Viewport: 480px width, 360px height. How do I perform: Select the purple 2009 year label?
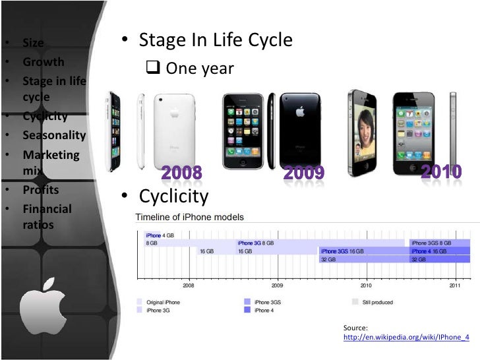pos(304,173)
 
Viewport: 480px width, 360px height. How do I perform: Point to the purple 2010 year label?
pos(442,171)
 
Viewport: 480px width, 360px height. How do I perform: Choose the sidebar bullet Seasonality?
pos(54,135)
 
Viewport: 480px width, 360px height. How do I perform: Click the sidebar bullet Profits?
pos(41,190)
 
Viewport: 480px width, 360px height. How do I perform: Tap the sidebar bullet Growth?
pos(44,62)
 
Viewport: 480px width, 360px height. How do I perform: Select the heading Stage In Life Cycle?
pos(215,40)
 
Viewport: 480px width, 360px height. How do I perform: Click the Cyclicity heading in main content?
pos(173,196)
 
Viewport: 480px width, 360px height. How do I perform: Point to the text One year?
pos(199,69)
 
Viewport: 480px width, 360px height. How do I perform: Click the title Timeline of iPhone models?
pos(189,217)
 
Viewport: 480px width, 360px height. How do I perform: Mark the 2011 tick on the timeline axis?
pos(455,286)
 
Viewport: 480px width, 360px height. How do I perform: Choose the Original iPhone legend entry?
pos(163,302)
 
